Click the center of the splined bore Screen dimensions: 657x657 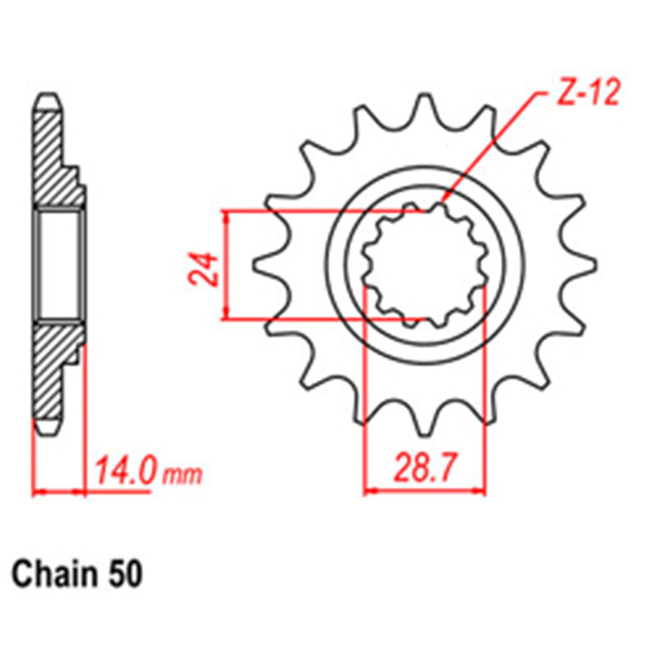[425, 266]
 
